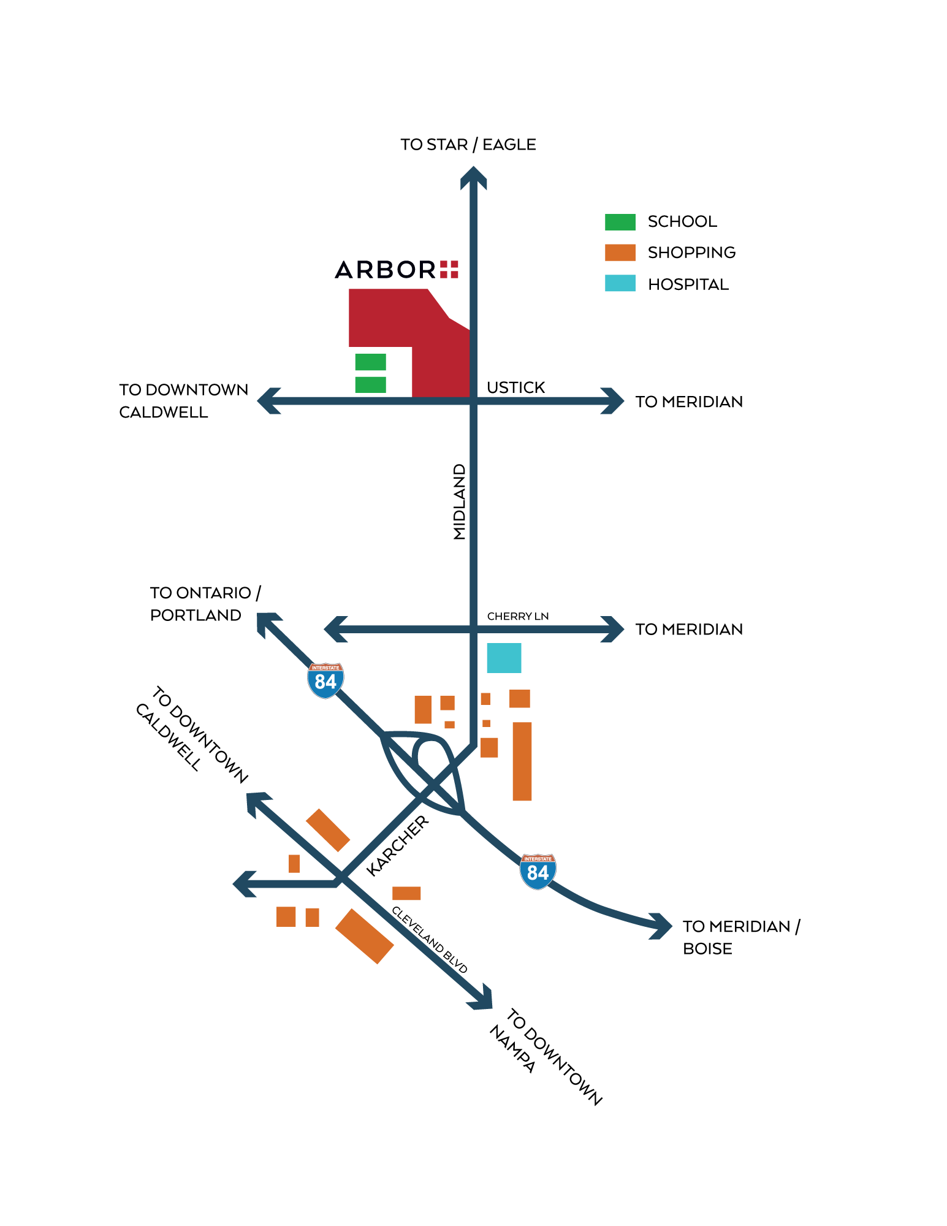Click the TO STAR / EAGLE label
[x=468, y=145]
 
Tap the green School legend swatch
[x=620, y=222]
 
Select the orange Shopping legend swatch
[x=620, y=253]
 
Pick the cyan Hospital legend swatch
[x=620, y=283]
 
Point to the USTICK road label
[x=515, y=387]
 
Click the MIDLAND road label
[x=460, y=501]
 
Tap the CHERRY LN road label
[x=518, y=616]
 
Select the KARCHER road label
[x=398, y=845]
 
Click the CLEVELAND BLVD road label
[x=430, y=939]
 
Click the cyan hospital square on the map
[x=504, y=658]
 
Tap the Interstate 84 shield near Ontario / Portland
[x=325, y=680]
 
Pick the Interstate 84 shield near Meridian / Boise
[x=538, y=871]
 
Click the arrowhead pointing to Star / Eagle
[x=474, y=178]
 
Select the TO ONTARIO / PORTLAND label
[x=206, y=604]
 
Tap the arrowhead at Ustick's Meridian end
[x=612, y=401]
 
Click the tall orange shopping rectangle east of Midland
[x=522, y=761]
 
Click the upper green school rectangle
[x=371, y=362]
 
